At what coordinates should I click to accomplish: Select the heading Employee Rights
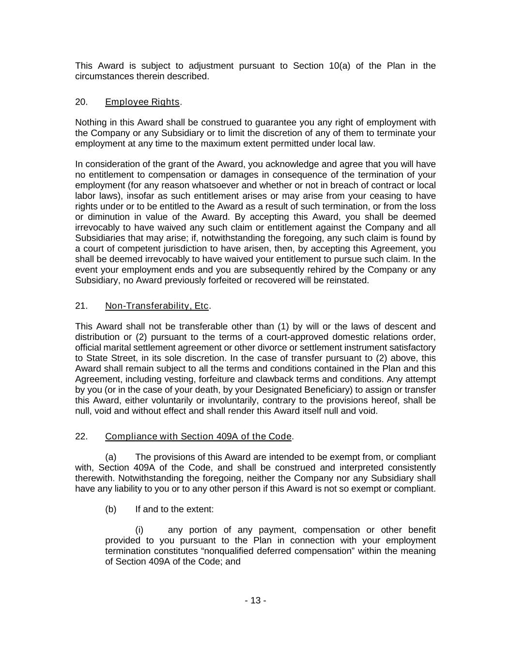(x=142, y=102)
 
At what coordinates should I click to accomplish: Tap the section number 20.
(x=81, y=102)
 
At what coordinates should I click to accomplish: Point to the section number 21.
(x=81, y=306)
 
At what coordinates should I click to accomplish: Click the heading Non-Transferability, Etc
(x=157, y=306)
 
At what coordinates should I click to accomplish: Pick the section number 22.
(x=81, y=436)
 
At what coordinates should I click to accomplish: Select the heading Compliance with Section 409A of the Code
(x=198, y=436)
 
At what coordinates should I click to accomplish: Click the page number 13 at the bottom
(x=255, y=600)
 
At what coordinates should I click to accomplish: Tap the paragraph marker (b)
(x=111, y=509)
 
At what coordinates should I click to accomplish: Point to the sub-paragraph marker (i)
(x=139, y=530)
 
